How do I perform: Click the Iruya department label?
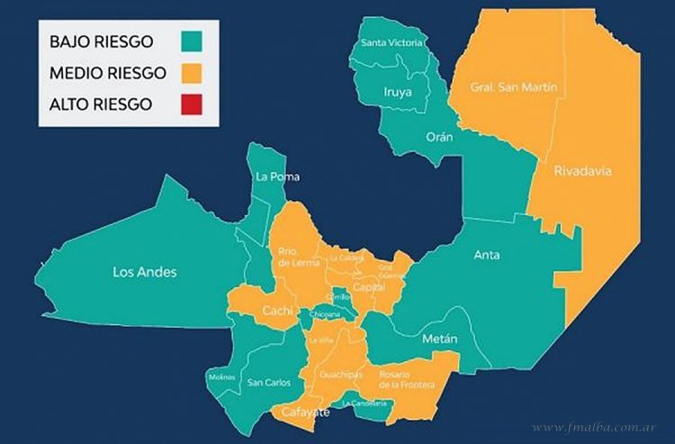[397, 91]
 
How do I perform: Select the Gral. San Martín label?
[514, 88]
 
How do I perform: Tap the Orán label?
[440, 137]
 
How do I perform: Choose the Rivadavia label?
[582, 171]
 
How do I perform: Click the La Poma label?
[277, 177]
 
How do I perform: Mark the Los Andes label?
[145, 271]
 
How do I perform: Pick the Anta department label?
[487, 255]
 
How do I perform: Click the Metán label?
[439, 339]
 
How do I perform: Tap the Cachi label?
[275, 311]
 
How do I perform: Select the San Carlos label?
[269, 383]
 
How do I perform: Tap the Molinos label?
[220, 376]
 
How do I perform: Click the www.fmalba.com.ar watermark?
[593, 427]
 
